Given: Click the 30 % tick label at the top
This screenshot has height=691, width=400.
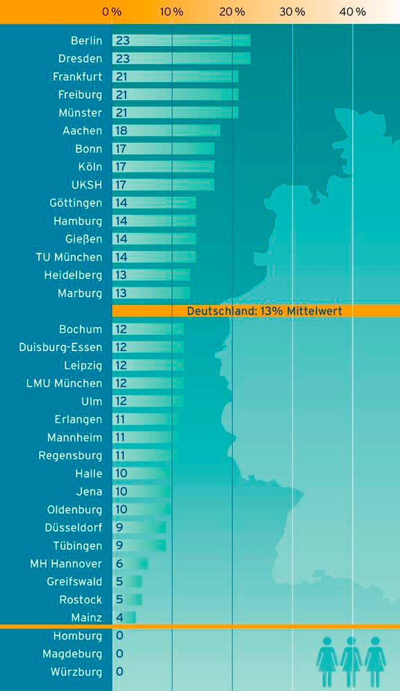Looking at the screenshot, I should [292, 12].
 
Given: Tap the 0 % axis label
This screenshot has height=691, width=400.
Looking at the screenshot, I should [112, 12].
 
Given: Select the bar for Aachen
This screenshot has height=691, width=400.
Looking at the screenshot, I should [166, 131].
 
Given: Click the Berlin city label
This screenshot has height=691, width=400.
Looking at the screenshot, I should [86, 41].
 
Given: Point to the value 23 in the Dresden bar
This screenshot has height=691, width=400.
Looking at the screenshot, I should [123, 59].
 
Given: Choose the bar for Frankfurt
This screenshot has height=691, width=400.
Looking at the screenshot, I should [175, 77].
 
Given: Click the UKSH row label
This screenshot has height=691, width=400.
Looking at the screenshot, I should [86, 185].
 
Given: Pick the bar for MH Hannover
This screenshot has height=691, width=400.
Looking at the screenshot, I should [130, 564].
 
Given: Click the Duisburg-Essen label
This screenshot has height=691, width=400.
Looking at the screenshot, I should [61, 347].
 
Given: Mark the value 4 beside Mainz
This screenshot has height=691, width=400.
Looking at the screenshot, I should [120, 618].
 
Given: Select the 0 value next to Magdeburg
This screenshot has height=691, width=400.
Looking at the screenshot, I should [120, 654].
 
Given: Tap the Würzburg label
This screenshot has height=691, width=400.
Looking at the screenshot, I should [76, 672].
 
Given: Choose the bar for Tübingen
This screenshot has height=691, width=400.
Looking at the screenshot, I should [139, 545].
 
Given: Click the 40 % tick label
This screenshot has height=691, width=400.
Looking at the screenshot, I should [352, 12].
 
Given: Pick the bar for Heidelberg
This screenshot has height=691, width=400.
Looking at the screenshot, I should [151, 275].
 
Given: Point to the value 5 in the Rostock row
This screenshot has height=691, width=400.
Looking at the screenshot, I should [120, 600].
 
